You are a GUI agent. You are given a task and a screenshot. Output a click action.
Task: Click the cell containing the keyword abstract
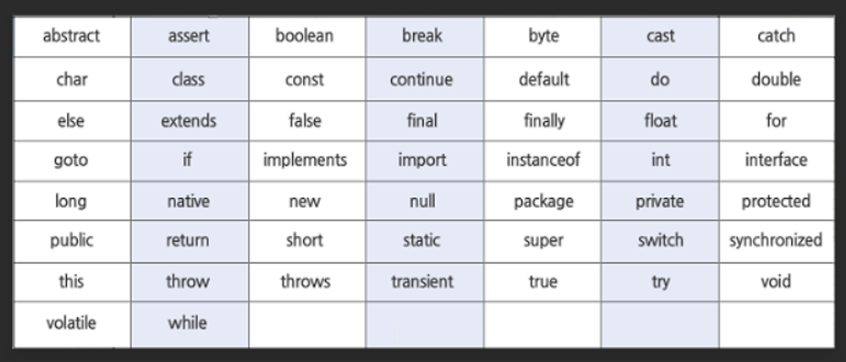[71, 36]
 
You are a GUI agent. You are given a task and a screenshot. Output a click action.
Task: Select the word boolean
[305, 36]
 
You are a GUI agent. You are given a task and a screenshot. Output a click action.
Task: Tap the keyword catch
[776, 36]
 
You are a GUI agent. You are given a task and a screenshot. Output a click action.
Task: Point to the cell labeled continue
[422, 79]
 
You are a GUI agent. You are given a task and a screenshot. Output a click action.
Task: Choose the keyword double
[776, 79]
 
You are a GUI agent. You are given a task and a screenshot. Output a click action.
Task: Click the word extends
[188, 121]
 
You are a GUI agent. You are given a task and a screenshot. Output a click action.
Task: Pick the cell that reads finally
[544, 121]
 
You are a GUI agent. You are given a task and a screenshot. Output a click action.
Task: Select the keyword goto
[71, 161]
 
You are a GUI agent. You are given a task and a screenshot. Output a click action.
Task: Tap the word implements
[305, 160]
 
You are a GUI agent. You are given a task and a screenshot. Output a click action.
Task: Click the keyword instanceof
[543, 160]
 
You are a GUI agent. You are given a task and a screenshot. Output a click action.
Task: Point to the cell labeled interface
[776, 160]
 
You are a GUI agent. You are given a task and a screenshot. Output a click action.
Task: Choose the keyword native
[188, 201]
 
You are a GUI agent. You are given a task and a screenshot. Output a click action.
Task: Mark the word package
[543, 202]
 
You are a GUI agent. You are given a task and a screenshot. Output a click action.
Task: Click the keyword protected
[776, 201]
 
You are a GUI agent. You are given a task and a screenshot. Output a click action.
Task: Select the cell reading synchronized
[776, 240]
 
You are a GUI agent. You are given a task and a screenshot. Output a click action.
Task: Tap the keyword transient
[422, 281]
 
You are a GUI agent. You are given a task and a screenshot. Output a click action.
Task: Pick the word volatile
[71, 323]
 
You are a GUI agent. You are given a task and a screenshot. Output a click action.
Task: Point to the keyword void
[776, 281]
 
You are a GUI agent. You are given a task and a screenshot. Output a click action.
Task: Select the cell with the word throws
[305, 281]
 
